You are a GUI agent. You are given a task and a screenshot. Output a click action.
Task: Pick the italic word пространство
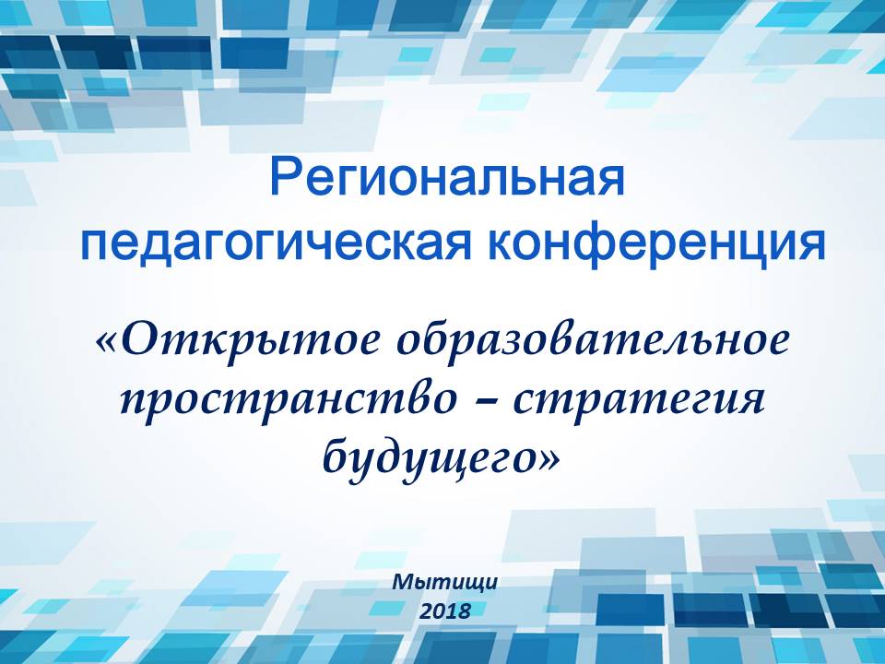288,402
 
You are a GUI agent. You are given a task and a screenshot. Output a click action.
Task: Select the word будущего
431,457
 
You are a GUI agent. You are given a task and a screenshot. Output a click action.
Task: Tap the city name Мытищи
444,582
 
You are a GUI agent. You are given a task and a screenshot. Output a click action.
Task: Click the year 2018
444,611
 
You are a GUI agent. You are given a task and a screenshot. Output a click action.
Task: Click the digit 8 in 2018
465,611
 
